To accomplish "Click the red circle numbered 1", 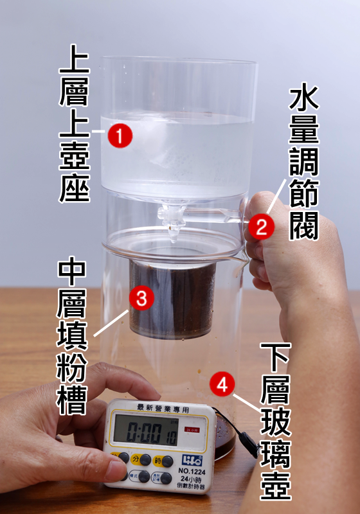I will click(120, 136).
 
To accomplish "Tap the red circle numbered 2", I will click(262, 226).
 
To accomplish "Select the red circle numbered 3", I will click(141, 297).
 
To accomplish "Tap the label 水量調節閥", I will click(303, 163).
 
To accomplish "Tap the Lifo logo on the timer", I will click(192, 461).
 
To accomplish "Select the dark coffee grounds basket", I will click(172, 299).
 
